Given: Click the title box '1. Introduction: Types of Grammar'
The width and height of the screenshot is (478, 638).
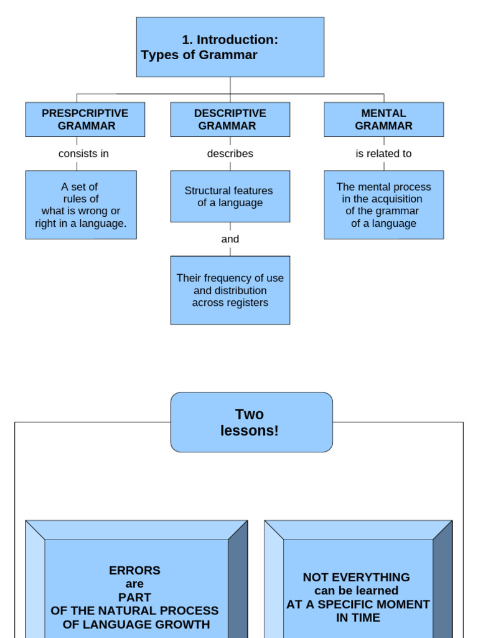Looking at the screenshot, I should coord(230,47).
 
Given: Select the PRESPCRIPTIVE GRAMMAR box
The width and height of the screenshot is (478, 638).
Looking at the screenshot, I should coord(85,120).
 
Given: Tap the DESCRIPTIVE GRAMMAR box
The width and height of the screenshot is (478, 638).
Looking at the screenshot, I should coord(230,120).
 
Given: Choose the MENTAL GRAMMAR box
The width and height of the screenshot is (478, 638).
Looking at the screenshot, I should coord(383,120).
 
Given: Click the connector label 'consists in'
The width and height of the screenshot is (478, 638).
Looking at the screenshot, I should coord(83,154).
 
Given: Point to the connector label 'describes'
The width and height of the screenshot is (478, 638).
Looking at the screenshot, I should coord(230,154).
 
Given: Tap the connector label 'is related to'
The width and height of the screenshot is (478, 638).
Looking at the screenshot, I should coord(383,154).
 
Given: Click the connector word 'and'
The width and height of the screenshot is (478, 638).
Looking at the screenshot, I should coord(230,239).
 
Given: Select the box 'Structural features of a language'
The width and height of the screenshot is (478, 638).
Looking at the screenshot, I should coord(230,196).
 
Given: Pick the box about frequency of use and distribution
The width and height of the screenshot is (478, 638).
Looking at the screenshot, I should coord(230,290).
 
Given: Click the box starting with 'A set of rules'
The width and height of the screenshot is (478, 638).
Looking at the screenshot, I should coord(81,205).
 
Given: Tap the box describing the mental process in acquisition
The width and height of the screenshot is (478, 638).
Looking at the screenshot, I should coord(383,205).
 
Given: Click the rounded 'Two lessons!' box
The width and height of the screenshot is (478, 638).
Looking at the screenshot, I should coord(251,422).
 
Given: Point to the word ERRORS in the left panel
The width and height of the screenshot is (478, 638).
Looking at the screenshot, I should coord(134,570).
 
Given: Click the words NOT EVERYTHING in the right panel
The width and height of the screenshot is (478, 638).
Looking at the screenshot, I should coord(356,577).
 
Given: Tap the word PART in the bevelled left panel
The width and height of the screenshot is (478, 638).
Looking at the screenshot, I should coord(134,598).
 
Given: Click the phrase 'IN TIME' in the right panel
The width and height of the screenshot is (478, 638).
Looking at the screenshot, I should coord(358,618).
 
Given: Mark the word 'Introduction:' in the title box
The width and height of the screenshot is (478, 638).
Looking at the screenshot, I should coord(237,40).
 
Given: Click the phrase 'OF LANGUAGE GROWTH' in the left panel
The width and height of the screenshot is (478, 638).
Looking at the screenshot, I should coord(136,624).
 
